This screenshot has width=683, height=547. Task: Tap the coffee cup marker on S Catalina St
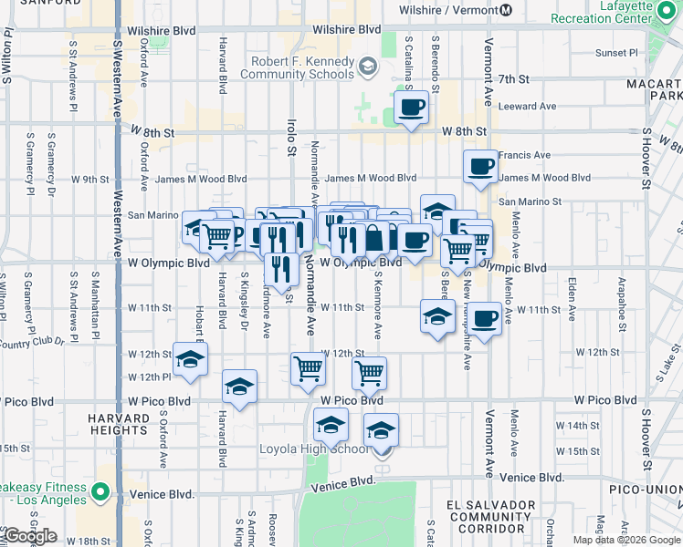coord(411,108)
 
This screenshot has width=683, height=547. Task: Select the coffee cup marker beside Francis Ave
coord(480,166)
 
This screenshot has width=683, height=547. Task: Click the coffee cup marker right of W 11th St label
coord(485,318)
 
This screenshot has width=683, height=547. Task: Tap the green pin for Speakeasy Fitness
coord(100,493)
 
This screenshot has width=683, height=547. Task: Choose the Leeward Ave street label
coord(528,107)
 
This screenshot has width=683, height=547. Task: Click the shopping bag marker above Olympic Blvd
coord(374,239)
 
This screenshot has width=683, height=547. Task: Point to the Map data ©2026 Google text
coord(626,540)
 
